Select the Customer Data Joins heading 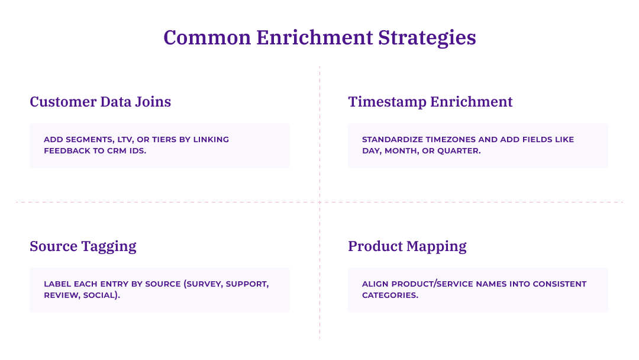coord(100,102)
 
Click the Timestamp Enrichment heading coord(430,102)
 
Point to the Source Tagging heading coord(83,246)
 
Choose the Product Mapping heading coord(407,246)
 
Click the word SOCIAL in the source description coord(102,295)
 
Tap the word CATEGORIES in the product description coord(389,295)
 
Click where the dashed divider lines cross coord(319,202)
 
